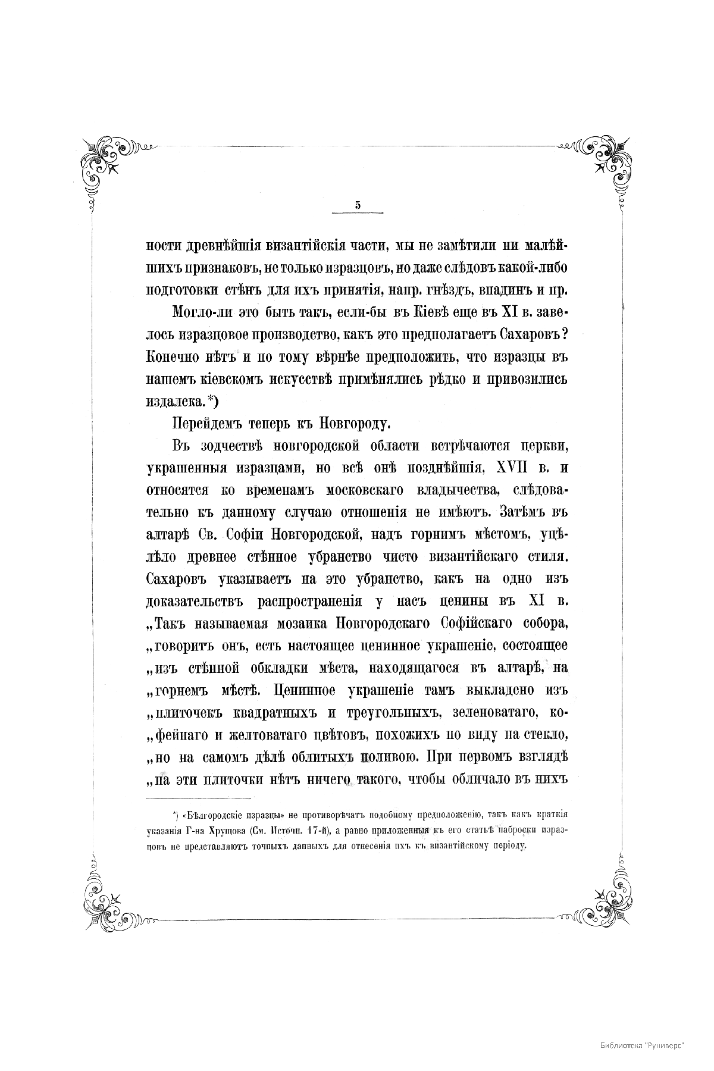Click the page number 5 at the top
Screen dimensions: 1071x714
point(358,205)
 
